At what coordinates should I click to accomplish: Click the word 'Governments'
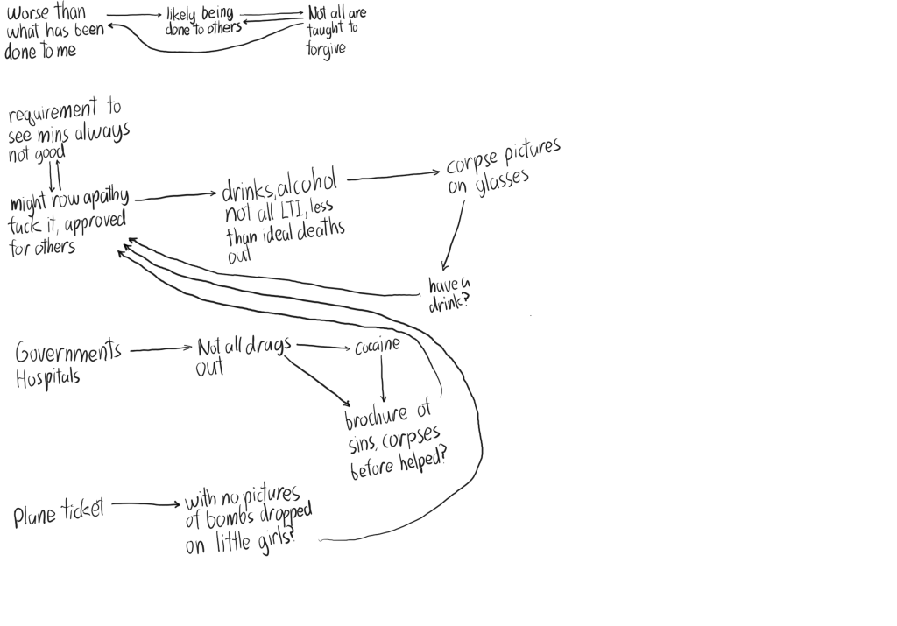[x=68, y=352]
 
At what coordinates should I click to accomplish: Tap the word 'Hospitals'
[x=48, y=377]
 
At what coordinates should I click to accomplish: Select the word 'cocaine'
[x=377, y=346]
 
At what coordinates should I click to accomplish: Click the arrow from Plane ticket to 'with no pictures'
[x=145, y=503]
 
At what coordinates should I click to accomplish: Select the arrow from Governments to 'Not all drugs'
[x=161, y=349]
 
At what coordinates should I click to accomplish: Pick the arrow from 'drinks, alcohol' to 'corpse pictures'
[x=392, y=177]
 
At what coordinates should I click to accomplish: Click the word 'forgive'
[x=326, y=48]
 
